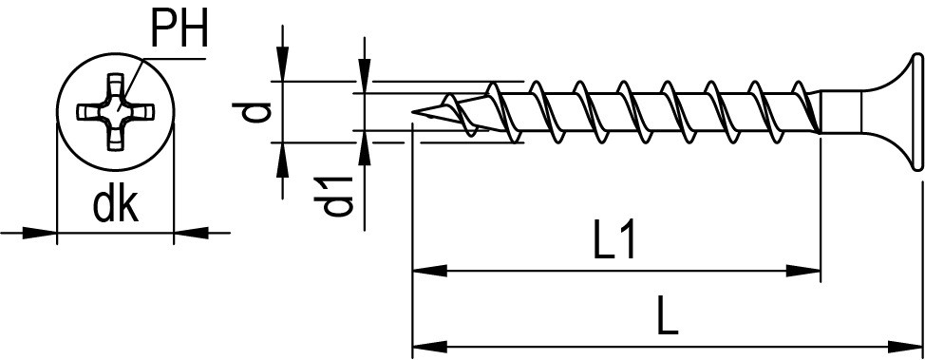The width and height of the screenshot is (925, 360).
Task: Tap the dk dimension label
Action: (x=116, y=206)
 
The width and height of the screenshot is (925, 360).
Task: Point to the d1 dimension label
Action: (x=333, y=196)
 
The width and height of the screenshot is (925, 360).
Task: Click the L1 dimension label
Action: (x=615, y=240)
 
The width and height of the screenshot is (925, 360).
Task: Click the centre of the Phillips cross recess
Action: (x=116, y=111)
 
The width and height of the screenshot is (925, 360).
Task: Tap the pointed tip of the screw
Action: (x=413, y=110)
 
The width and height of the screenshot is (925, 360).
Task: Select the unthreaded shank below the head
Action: (x=840, y=111)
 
